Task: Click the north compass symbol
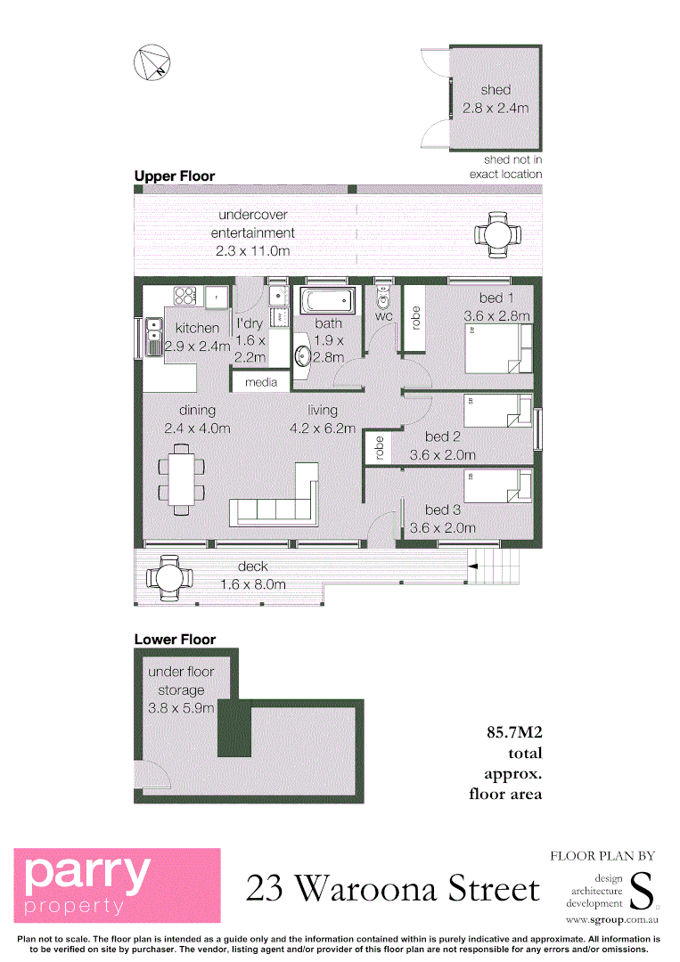151,62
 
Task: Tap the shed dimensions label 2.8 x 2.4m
496,109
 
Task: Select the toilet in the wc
384,297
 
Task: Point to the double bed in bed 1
496,348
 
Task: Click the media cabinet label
261,382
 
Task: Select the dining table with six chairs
182,481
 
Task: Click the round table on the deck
168,577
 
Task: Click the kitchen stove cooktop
185,295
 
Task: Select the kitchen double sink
153,335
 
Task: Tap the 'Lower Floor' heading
175,640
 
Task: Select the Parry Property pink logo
117,885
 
